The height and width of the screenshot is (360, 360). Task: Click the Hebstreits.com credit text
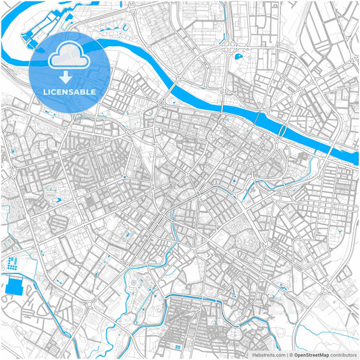(x=269, y=354)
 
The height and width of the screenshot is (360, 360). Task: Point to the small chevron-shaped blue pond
(x=59, y=200)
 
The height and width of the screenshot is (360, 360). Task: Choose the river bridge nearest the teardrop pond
(x=259, y=121)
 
